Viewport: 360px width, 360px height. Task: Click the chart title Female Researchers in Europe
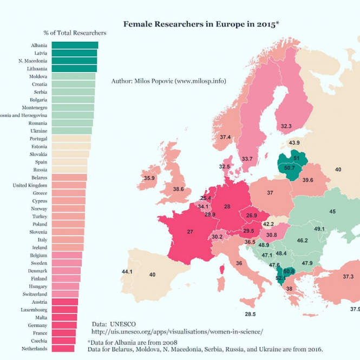(x=201, y=24)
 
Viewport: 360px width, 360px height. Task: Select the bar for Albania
(x=75, y=45)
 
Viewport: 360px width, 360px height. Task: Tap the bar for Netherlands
(x=63, y=349)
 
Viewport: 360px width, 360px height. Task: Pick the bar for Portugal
(x=71, y=139)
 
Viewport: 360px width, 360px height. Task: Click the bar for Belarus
(x=69, y=178)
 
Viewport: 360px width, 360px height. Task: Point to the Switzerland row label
(x=34, y=294)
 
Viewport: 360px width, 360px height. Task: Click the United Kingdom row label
(x=30, y=185)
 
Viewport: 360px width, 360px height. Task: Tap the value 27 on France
(x=190, y=231)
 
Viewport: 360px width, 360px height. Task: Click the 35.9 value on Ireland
(x=149, y=178)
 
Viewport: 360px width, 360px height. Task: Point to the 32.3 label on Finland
(x=286, y=126)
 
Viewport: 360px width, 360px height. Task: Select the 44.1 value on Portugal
(x=127, y=271)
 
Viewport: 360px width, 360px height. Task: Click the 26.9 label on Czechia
(x=251, y=215)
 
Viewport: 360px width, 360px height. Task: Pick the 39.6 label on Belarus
(x=308, y=180)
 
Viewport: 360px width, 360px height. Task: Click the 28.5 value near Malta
(x=250, y=314)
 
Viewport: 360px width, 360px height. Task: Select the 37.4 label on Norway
(x=225, y=137)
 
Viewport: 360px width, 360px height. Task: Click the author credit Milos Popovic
(x=168, y=81)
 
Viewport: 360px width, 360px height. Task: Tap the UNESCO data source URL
(x=177, y=331)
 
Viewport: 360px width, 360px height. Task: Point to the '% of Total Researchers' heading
(x=78, y=33)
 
